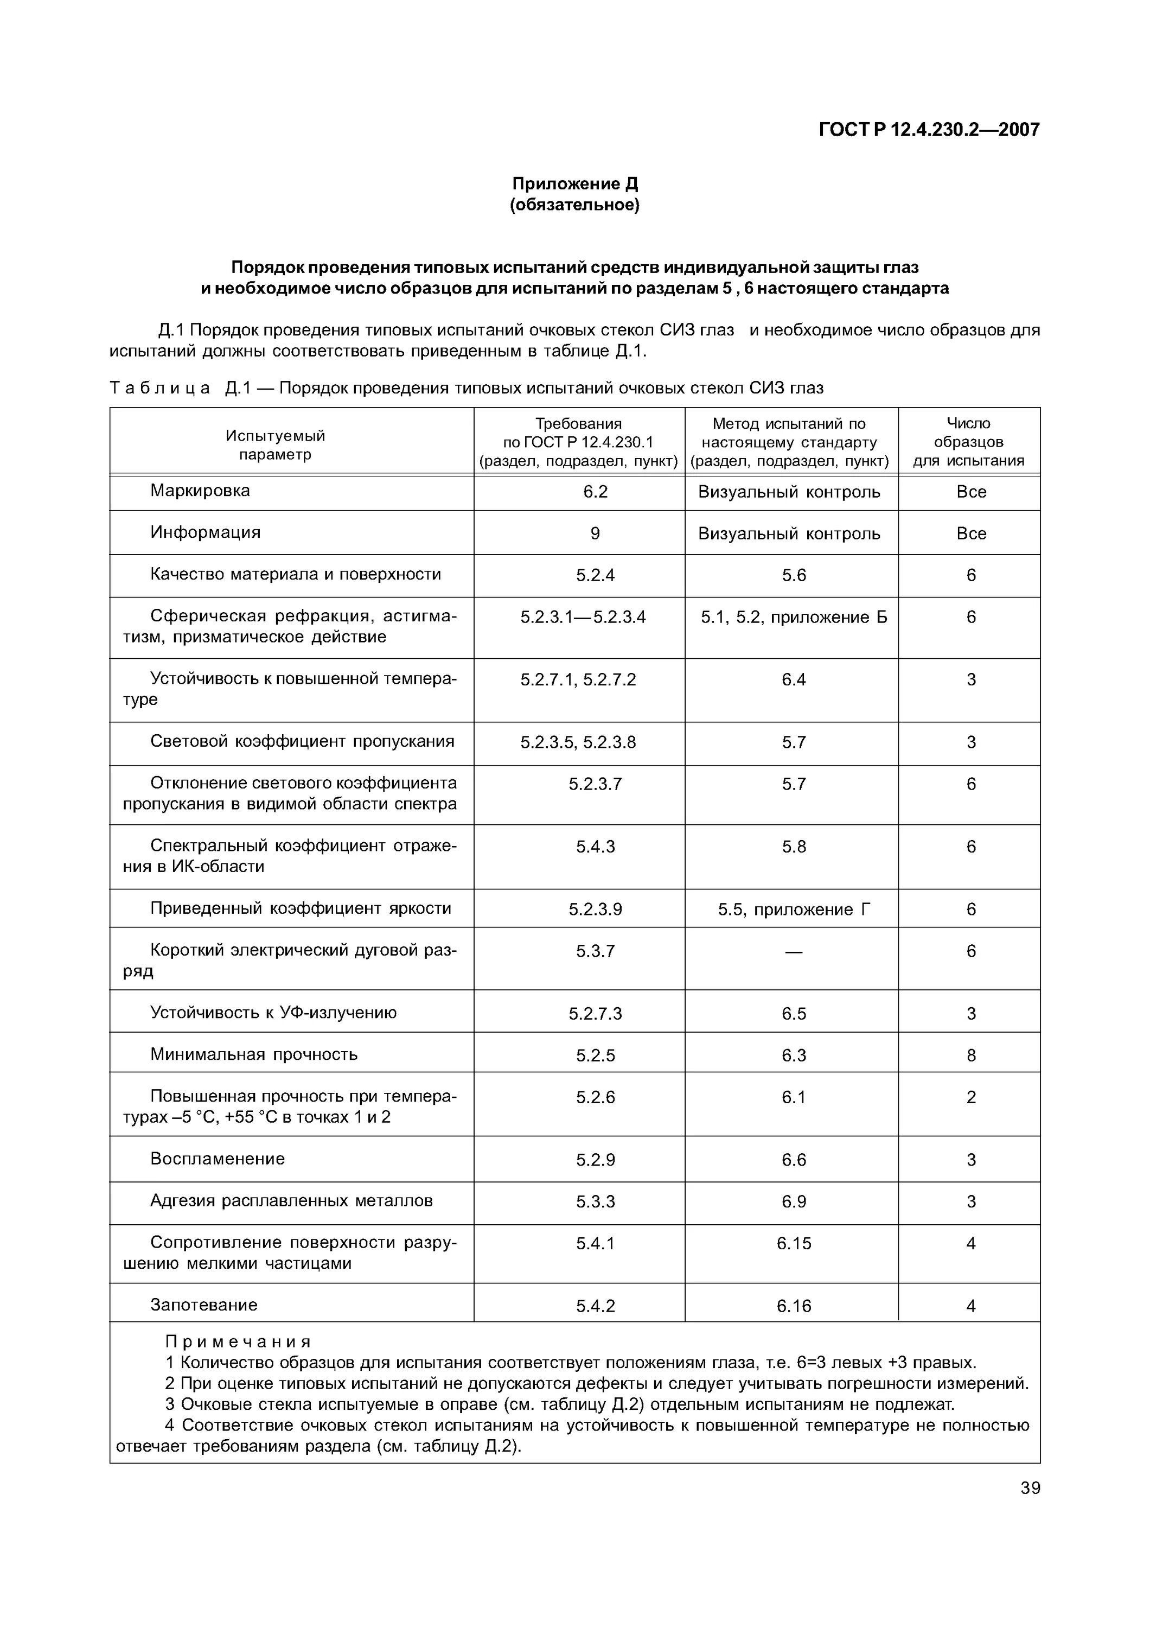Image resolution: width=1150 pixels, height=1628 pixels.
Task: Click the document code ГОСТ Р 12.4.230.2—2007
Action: click(929, 130)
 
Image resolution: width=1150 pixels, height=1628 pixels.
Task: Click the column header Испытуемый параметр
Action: click(275, 444)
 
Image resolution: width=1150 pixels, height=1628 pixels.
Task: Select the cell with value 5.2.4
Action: click(595, 575)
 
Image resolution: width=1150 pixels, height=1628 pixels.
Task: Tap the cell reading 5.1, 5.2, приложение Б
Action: click(794, 618)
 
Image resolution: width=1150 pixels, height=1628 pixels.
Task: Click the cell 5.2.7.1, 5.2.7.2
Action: click(578, 680)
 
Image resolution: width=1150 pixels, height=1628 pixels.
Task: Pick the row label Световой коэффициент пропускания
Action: click(302, 742)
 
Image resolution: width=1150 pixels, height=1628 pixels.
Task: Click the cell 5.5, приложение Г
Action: click(794, 910)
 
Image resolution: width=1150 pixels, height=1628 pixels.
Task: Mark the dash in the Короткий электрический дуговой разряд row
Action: click(794, 951)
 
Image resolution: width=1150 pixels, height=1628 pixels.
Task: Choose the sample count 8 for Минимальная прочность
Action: click(971, 1056)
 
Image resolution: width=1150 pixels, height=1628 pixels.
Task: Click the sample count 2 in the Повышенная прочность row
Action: click(971, 1098)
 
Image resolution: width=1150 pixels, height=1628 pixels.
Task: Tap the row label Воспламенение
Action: click(218, 1159)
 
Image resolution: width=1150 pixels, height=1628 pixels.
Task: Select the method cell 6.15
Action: click(794, 1244)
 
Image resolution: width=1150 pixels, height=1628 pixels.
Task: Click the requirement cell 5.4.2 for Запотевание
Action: click(595, 1306)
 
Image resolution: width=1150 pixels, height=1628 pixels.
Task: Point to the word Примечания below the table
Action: click(238, 1342)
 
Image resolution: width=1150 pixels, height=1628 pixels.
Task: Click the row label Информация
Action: click(206, 532)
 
